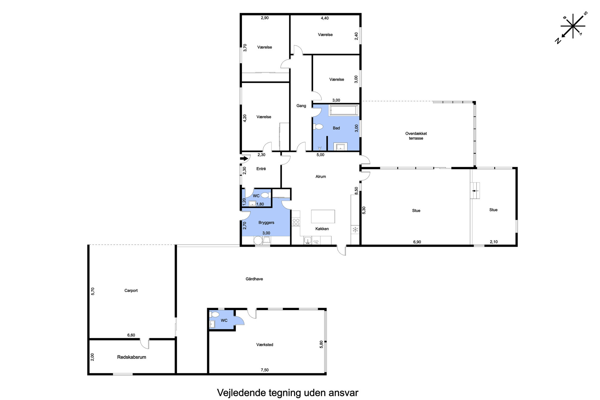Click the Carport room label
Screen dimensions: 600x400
[131, 291]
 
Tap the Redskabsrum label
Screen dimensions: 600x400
[132, 357]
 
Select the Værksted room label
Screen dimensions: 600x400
[265, 345]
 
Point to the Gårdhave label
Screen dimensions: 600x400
[254, 279]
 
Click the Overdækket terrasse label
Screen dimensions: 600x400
[416, 136]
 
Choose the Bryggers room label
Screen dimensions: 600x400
[266, 223]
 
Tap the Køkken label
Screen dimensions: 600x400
[322, 229]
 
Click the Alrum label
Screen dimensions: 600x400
[321, 177]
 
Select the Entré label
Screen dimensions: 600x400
[261, 169]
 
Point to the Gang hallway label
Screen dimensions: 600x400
[301, 106]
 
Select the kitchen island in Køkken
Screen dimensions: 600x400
[323, 216]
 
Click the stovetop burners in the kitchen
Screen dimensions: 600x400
[296, 222]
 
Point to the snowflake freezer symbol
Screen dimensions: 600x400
[355, 229]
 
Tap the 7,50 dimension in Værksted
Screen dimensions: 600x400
[265, 370]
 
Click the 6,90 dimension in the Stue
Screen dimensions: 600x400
[417, 242]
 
